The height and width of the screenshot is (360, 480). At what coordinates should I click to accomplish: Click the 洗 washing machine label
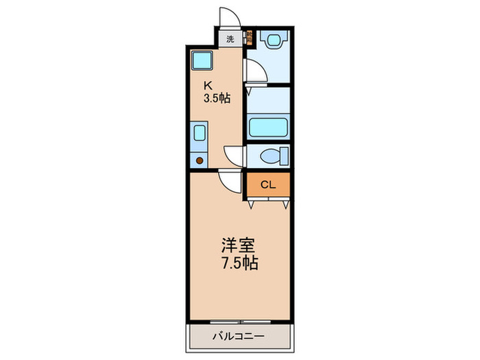click(231, 38)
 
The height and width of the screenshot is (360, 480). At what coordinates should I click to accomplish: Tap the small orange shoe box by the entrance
click(250, 38)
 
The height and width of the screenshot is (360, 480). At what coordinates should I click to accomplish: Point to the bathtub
click(268, 128)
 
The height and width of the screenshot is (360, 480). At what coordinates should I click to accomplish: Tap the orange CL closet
click(268, 184)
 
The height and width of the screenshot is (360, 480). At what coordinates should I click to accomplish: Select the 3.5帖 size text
click(216, 99)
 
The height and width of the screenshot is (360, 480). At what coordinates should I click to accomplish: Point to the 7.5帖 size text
click(239, 263)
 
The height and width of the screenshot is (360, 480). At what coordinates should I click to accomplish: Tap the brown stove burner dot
click(200, 160)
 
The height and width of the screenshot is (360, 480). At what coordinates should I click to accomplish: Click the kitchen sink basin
click(200, 132)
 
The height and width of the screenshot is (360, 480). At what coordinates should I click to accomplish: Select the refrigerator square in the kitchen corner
click(202, 61)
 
